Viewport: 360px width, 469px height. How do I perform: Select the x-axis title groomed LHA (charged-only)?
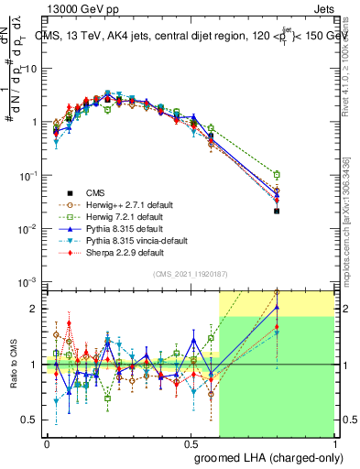tap(280, 457)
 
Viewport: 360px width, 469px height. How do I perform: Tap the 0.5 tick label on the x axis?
tap(191, 442)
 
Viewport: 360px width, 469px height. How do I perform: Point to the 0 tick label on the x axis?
tap(47, 442)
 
